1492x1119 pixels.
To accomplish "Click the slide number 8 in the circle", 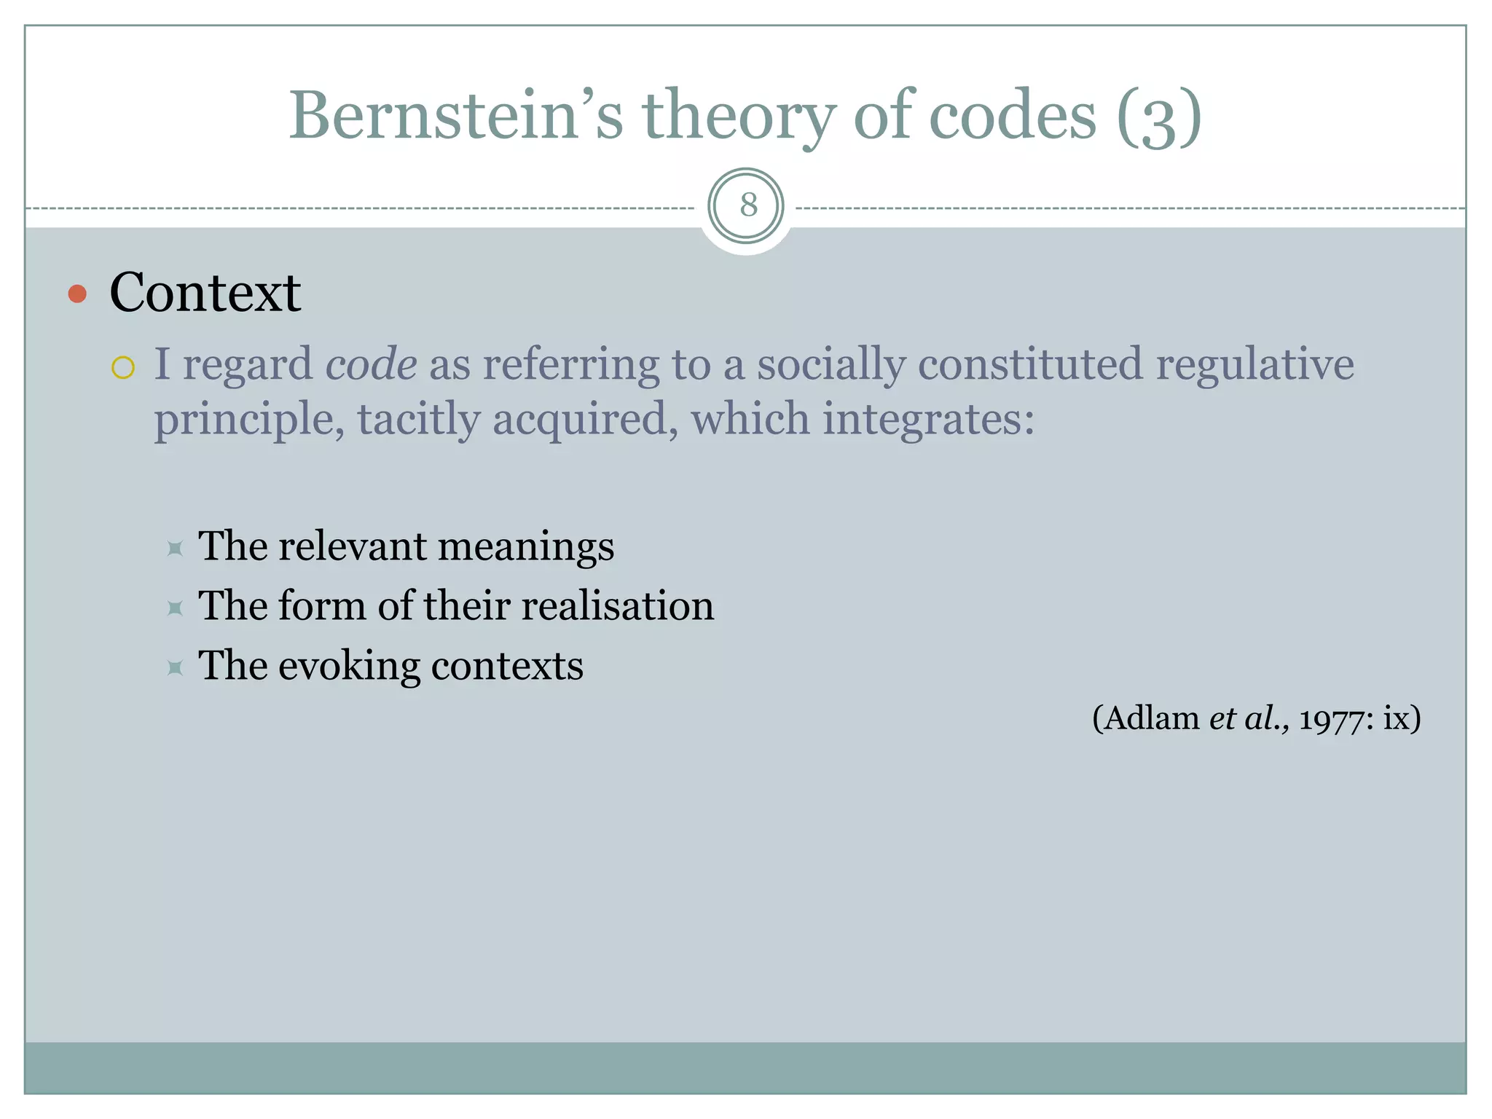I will point(748,205).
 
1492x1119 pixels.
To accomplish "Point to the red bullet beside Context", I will point(77,294).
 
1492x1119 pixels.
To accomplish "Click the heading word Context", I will point(205,293).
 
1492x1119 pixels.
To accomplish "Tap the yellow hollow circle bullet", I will point(123,368).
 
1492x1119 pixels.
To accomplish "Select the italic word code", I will point(371,364).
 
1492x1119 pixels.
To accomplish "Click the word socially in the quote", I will point(831,364).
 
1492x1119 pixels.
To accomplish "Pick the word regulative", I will point(1255,364).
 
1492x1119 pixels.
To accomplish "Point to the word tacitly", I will point(419,420).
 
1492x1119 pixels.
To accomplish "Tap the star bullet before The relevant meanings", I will point(175,548).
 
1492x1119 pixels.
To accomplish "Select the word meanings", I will point(526,546).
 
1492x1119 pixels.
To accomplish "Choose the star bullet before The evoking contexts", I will point(175,667).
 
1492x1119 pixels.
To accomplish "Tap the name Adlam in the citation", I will point(1152,718).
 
